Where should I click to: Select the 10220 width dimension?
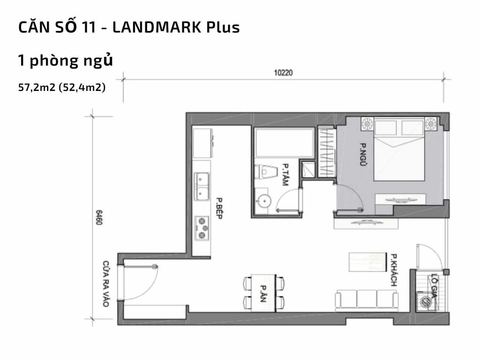coord(283,73)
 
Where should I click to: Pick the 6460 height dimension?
coord(99,218)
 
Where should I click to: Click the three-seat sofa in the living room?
coord(366,299)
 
